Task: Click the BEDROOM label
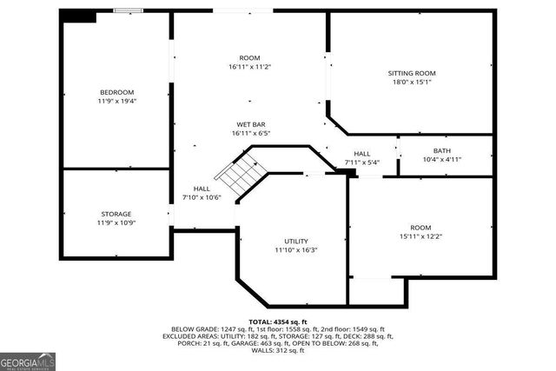pyautogui.click(x=116, y=92)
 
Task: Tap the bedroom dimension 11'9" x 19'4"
pyautogui.click(x=116, y=102)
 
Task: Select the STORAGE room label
pyautogui.click(x=116, y=214)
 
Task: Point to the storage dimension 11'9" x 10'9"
pyautogui.click(x=116, y=223)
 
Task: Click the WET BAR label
pyautogui.click(x=250, y=124)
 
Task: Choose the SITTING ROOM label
pyautogui.click(x=411, y=73)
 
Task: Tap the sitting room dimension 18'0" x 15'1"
pyautogui.click(x=411, y=83)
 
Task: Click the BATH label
pyautogui.click(x=442, y=150)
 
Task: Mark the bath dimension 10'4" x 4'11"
pyautogui.click(x=442, y=160)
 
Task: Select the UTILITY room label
pyautogui.click(x=296, y=241)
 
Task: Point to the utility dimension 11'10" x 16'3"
pyautogui.click(x=296, y=250)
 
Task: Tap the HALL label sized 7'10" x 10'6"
pyautogui.click(x=202, y=189)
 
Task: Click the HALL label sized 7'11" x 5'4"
pyautogui.click(x=361, y=154)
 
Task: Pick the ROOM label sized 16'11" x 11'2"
pyautogui.click(x=250, y=58)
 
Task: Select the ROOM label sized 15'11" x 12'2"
pyautogui.click(x=420, y=226)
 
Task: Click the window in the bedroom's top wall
pyautogui.click(x=129, y=10)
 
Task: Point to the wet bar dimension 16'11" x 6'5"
pyautogui.click(x=250, y=134)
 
